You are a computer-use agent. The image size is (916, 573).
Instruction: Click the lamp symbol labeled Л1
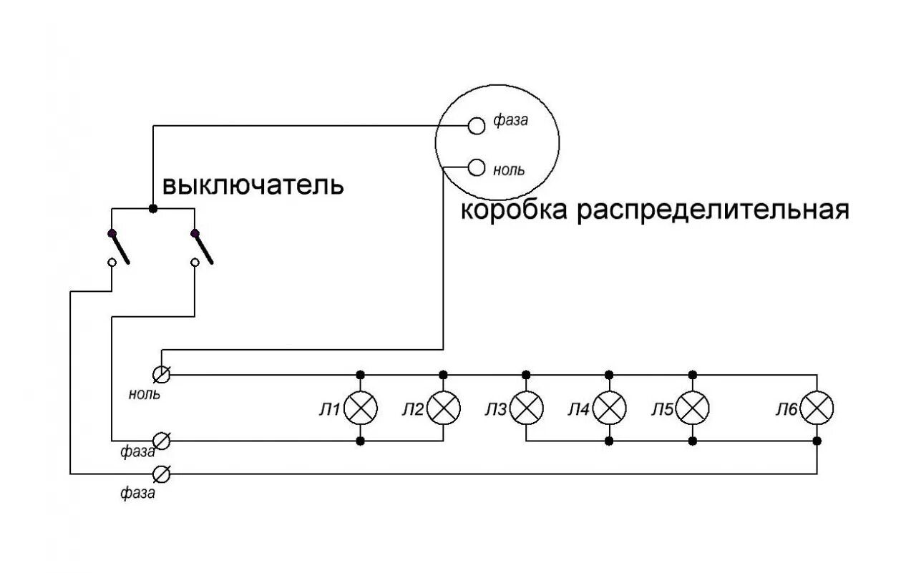[361, 408]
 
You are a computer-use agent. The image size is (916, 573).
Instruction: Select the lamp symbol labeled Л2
[444, 408]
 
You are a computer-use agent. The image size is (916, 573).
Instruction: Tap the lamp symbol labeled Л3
[527, 408]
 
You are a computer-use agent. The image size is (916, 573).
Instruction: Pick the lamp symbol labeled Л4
[610, 408]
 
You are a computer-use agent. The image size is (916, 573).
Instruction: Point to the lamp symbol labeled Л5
[692, 408]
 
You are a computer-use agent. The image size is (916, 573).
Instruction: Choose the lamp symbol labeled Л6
[817, 408]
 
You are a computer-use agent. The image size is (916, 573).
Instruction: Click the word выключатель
[253, 185]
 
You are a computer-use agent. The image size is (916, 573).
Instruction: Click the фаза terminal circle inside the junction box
[477, 125]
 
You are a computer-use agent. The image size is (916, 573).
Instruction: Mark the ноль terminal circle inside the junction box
[477, 169]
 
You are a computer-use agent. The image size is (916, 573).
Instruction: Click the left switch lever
[120, 248]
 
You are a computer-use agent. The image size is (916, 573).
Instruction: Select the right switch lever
[203, 248]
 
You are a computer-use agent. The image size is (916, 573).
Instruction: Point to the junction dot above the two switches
[152, 208]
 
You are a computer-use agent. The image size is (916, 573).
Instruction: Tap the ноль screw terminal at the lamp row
[162, 374]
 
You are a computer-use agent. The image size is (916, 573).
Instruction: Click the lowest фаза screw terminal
[162, 474]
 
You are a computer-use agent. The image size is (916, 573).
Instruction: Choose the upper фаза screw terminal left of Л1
[162, 441]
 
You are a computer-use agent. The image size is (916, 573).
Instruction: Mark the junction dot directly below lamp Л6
[817, 441]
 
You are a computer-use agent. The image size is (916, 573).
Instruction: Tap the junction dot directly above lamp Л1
[361, 374]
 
